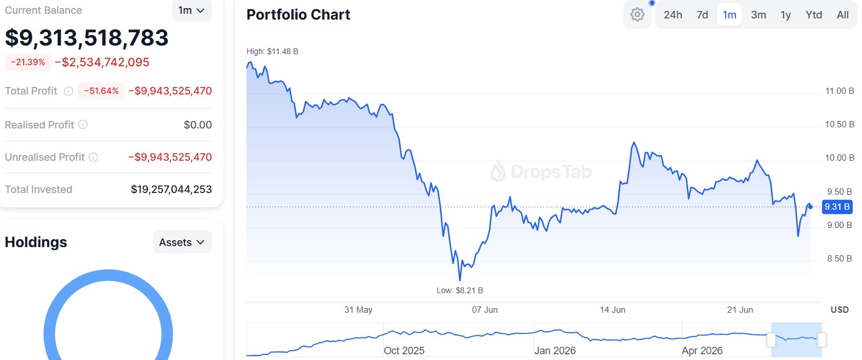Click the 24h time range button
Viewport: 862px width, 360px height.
[x=673, y=14]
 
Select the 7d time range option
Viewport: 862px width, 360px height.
[x=702, y=14]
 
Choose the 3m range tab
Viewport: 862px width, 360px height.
[x=758, y=14]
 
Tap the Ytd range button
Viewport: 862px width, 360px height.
[x=814, y=14]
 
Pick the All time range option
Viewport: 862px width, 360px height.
[x=843, y=14]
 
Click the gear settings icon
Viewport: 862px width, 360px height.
[x=637, y=14]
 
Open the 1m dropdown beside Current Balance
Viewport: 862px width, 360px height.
[x=192, y=10]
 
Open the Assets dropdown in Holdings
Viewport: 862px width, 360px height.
[x=183, y=242]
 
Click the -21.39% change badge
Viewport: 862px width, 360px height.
[x=28, y=62]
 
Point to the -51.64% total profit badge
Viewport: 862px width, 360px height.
[x=101, y=91]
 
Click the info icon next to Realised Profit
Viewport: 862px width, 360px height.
[x=83, y=125]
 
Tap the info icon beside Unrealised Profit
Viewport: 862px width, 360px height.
[x=93, y=157]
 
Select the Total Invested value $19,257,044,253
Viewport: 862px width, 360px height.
[x=171, y=190]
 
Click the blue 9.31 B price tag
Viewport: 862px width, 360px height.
[x=837, y=207]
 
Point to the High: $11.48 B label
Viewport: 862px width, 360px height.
[x=272, y=51]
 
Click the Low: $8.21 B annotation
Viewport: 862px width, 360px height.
[x=460, y=290]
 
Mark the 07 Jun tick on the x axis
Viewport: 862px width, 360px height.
[x=485, y=310]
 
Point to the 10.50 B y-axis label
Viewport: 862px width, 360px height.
[x=840, y=124]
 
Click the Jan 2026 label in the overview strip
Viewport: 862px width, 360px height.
[x=555, y=351]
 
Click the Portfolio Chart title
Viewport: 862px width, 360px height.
[x=298, y=14]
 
